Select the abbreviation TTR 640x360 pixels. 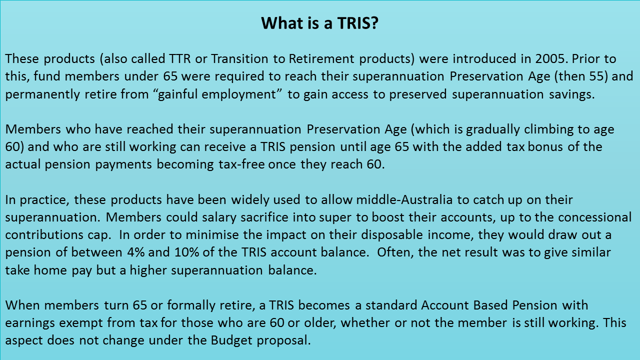pyautogui.click(x=179, y=59)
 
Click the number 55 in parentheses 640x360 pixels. pyautogui.click(x=596, y=76)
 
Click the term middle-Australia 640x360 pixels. pyautogui.click(x=404, y=199)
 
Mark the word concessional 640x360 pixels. pyautogui.click(x=594, y=217)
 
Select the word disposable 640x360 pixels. pyautogui.click(x=391, y=235)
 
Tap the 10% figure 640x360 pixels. pyautogui.click(x=186, y=252)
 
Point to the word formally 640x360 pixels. pyautogui.click(x=191, y=305)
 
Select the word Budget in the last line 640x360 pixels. pyautogui.click(x=231, y=340)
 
